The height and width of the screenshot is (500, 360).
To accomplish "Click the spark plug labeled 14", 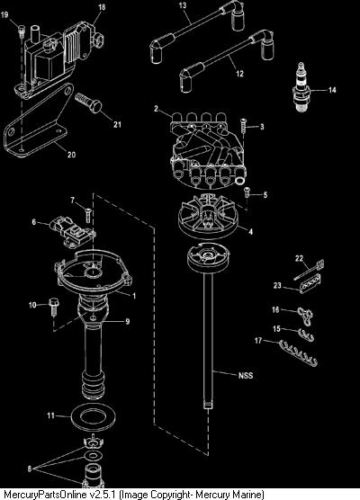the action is coord(301,87).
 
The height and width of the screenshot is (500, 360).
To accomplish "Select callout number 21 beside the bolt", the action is coord(117,124).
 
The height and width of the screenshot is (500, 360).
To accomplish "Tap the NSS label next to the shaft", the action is coord(246,375).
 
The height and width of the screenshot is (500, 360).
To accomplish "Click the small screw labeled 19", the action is coord(21,31).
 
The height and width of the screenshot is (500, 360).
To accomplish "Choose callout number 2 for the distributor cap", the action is coord(156,109).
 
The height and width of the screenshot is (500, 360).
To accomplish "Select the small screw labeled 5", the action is coord(247,192).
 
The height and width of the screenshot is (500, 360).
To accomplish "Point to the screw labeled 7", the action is coord(87,214).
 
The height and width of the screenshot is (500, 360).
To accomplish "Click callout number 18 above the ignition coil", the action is coord(102,6).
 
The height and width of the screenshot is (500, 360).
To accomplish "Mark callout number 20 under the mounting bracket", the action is coord(71,155).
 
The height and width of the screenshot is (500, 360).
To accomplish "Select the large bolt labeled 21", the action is coord(88,103).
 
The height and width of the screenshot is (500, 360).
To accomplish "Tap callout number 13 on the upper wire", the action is coord(182,5).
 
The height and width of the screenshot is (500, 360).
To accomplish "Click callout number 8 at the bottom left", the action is coord(30,469).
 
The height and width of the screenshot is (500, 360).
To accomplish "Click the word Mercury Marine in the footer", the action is coord(229,495).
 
